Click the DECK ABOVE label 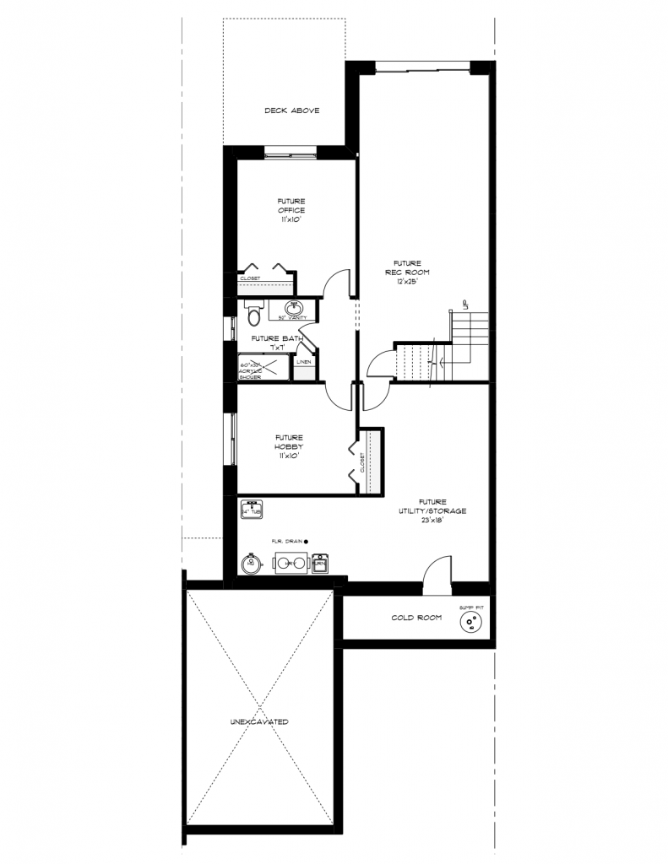tap(291, 111)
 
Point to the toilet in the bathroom tap(251, 314)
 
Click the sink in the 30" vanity tap(292, 308)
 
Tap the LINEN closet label tap(303, 362)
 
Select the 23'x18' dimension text tap(431, 521)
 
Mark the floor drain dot tap(307, 542)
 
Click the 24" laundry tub tap(251, 510)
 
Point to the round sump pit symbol tap(470, 624)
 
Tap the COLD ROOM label tap(416, 618)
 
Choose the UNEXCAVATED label tap(259, 721)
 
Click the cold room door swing tap(437, 570)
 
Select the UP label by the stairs tap(464, 304)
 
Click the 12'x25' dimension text tap(408, 282)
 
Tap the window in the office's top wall tap(291, 152)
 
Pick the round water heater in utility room tap(250, 563)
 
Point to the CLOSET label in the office tap(251, 278)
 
